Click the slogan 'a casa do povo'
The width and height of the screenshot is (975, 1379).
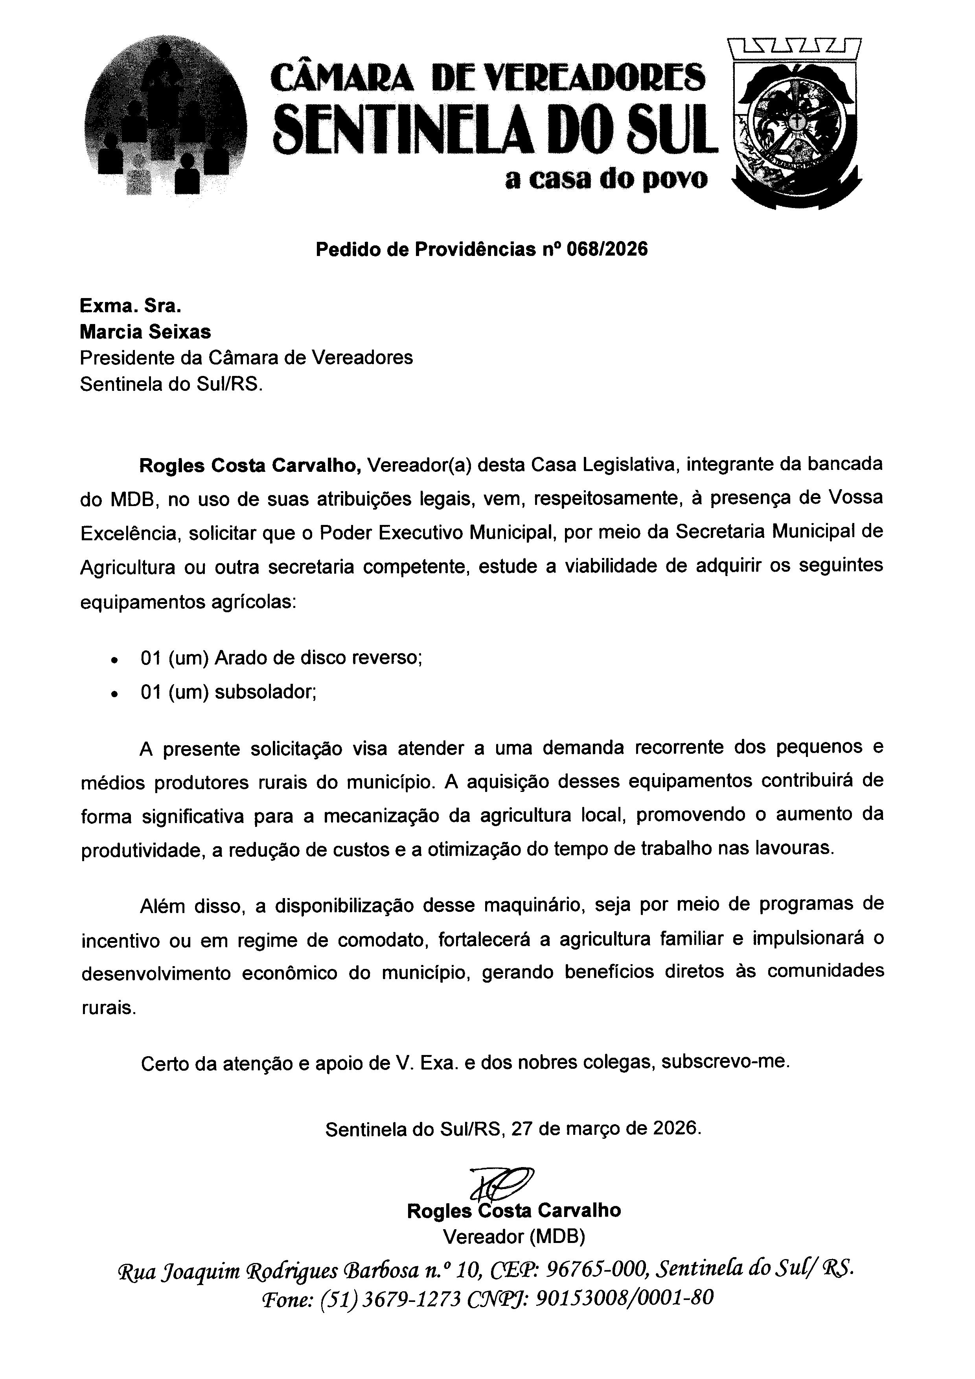pos(606,180)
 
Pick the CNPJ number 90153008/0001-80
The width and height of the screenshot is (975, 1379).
pos(624,1298)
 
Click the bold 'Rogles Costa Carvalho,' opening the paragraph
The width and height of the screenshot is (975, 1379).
pos(250,466)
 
